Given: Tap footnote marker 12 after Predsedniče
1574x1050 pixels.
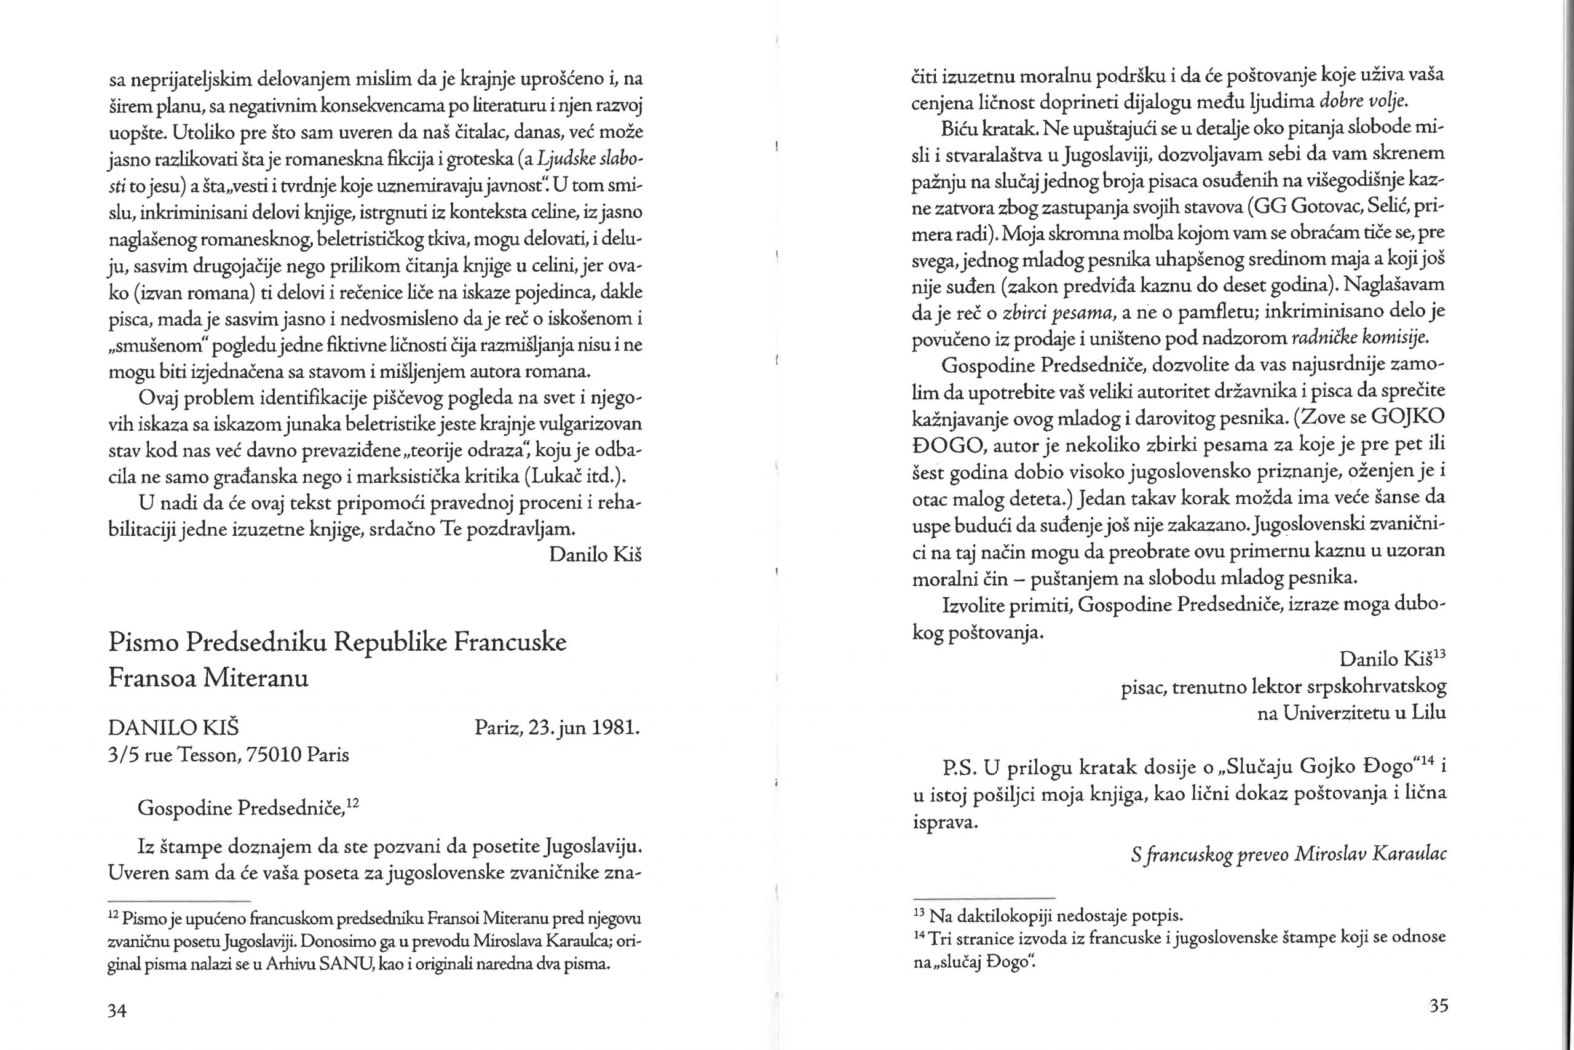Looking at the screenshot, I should point(354,803).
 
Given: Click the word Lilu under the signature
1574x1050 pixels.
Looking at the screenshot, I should point(1428,713).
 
